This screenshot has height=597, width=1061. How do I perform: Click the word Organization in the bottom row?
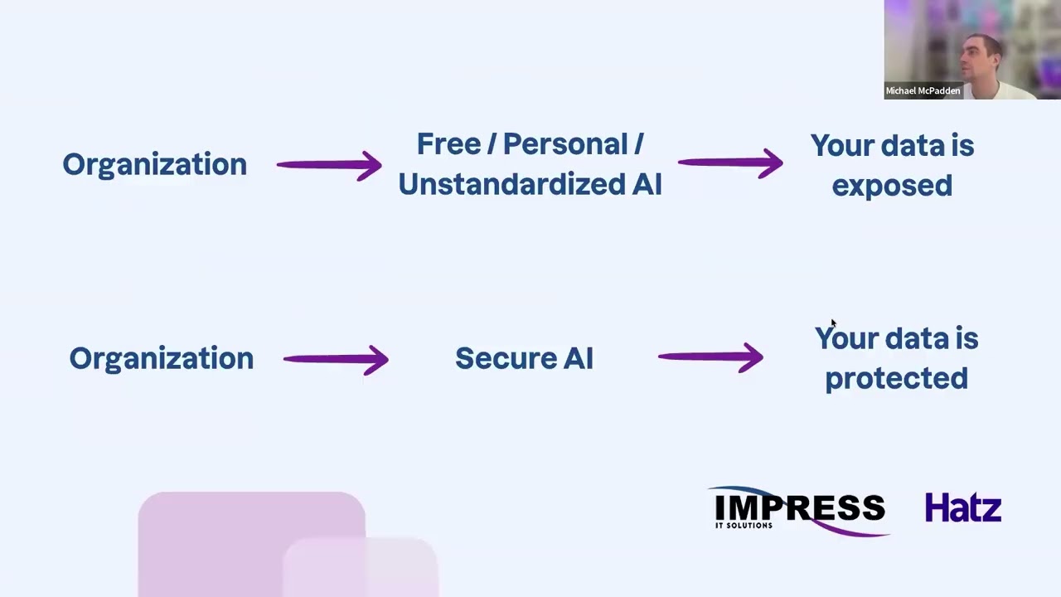point(162,360)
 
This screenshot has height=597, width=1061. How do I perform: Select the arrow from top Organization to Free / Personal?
point(329,165)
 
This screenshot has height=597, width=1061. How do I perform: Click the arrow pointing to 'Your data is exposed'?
point(730,163)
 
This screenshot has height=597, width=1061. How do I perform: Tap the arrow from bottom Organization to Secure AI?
point(336,360)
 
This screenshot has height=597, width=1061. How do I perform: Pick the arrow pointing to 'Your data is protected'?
point(711,357)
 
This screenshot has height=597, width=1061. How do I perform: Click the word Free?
point(449,144)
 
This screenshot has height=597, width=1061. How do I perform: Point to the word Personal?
point(565,144)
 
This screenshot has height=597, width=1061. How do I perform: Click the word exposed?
point(892,186)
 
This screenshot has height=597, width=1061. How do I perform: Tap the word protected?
point(897,379)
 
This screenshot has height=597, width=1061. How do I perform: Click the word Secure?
point(505,358)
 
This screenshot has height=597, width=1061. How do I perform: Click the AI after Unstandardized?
point(647,184)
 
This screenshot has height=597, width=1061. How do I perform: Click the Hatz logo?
point(963,507)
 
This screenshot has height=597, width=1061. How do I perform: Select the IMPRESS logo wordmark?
point(799,507)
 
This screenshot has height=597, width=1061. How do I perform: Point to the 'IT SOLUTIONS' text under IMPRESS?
point(744,526)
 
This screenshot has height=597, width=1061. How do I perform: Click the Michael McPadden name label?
point(923,90)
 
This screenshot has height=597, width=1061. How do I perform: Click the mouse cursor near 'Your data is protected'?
point(834,323)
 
